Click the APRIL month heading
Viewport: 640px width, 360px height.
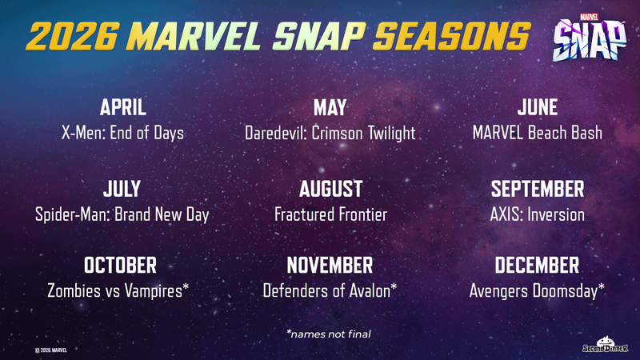click(x=122, y=108)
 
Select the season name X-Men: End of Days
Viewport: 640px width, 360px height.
click(x=122, y=133)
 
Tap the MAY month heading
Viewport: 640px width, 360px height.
click(x=330, y=108)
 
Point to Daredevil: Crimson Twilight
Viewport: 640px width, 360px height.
click(x=330, y=133)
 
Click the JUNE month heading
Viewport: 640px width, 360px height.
click(x=537, y=108)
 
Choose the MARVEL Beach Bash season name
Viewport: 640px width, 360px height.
click(x=537, y=133)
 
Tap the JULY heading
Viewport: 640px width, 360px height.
click(x=122, y=190)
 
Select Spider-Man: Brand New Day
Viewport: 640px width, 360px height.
click(x=122, y=214)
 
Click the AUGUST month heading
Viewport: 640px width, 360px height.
click(x=330, y=190)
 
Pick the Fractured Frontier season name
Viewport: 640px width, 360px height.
click(x=330, y=214)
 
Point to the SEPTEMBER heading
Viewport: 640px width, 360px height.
click(x=537, y=190)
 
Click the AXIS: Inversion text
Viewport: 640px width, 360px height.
click(x=537, y=214)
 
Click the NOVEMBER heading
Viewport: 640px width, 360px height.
click(x=330, y=265)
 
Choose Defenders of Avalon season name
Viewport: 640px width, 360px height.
click(x=330, y=290)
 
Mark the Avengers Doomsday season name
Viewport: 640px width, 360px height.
click(x=537, y=290)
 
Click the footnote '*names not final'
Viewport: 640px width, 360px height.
click(x=329, y=334)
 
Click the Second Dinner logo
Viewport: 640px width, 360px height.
click(x=605, y=345)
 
